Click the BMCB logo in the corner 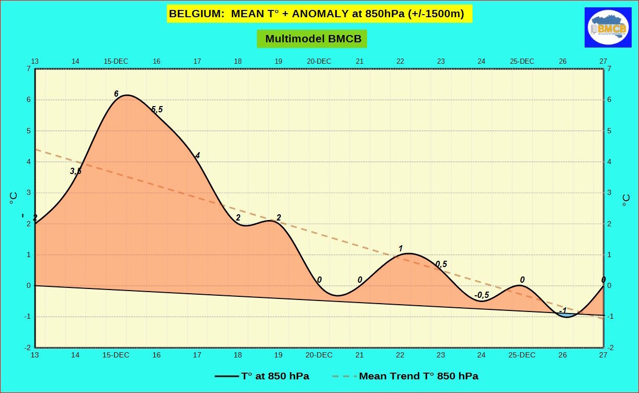click(608, 28)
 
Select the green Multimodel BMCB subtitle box click(312, 39)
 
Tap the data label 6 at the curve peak click(116, 94)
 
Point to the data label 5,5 click(157, 109)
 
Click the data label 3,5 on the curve click(75, 171)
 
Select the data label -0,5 click(482, 295)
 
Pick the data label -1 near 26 click(563, 310)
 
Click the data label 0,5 click(441, 264)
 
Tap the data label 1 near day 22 click(401, 249)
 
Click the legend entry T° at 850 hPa click(262, 376)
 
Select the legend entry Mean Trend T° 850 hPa click(405, 376)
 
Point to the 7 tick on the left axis click(28, 68)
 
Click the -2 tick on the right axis click(610, 348)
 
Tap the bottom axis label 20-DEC click(319, 355)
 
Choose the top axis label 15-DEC click(116, 61)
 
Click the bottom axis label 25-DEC click(522, 355)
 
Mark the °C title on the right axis click(625, 200)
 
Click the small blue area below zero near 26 click(566, 315)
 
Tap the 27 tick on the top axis click(603, 61)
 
